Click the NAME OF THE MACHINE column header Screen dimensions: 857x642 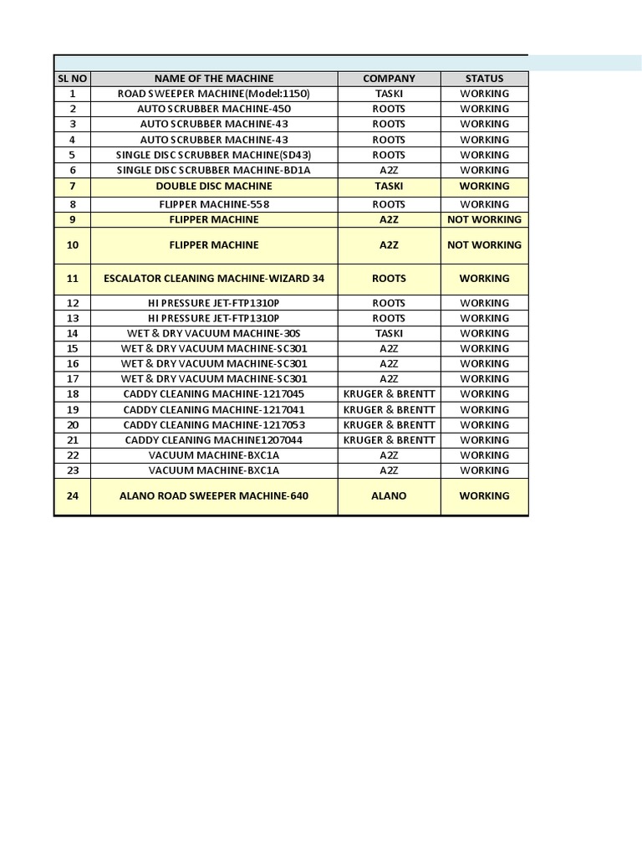click(214, 79)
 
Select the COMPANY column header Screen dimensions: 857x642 click(389, 79)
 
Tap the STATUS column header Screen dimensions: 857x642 click(484, 79)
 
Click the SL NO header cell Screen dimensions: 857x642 click(73, 79)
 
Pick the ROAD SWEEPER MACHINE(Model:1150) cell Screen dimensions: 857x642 click(214, 94)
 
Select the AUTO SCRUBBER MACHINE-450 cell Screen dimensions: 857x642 click(214, 109)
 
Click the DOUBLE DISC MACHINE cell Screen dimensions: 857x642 click(214, 186)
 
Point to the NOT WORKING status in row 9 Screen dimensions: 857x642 click(484, 219)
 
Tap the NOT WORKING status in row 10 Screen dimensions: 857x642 click(484, 245)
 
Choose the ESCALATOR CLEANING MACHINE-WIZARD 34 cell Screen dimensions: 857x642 click(214, 279)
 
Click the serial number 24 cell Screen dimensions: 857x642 click(73, 496)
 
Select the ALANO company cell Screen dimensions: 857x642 click(389, 496)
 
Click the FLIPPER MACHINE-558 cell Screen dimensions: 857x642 click(214, 204)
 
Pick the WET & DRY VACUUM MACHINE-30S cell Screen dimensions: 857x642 click(214, 333)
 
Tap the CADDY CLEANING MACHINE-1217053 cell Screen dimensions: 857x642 click(214, 425)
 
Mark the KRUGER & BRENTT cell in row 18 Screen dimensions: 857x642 click(389, 394)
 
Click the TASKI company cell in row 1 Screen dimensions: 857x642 click(389, 94)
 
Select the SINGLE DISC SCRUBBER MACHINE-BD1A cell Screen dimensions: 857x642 click(214, 170)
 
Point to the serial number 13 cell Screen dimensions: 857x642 click(73, 318)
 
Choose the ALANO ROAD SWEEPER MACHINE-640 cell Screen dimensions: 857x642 click(214, 496)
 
